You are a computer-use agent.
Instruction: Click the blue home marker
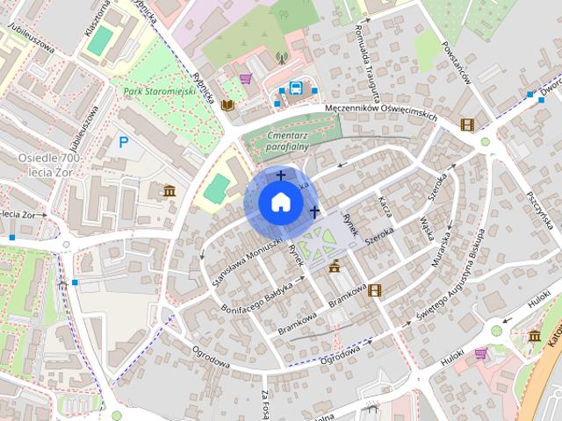click(x=280, y=203)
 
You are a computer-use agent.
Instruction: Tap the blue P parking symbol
click(x=124, y=141)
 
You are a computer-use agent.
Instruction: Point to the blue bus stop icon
click(x=296, y=88)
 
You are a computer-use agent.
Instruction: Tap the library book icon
click(x=228, y=105)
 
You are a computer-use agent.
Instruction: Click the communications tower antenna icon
click(x=281, y=59)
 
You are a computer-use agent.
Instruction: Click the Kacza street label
click(x=385, y=209)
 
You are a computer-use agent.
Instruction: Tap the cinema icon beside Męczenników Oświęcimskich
click(x=467, y=124)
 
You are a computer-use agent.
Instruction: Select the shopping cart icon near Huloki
click(x=481, y=354)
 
